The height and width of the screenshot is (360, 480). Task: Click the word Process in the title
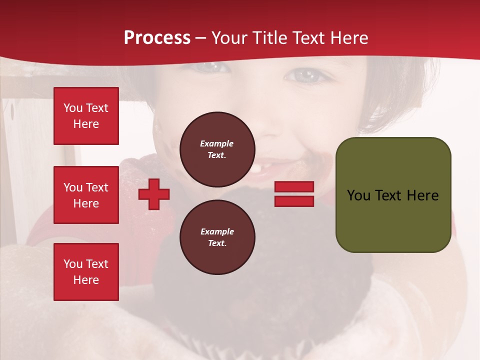click(157, 38)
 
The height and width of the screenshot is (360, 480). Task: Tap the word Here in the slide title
click(348, 38)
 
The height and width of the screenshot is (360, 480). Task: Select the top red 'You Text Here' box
click(86, 116)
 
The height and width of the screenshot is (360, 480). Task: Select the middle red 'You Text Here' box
click(86, 195)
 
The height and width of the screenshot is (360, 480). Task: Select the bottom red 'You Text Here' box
click(86, 272)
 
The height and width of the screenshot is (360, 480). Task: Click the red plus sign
click(154, 194)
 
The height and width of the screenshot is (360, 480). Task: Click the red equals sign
click(294, 194)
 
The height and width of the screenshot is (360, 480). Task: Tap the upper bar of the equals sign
click(294, 187)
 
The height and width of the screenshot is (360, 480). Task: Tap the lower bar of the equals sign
click(294, 201)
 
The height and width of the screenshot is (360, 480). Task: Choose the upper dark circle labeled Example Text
click(217, 149)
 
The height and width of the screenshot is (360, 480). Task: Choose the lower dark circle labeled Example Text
click(217, 237)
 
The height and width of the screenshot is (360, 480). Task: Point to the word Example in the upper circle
click(217, 143)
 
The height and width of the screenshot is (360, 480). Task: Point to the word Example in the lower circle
click(217, 231)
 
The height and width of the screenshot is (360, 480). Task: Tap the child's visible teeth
click(255, 169)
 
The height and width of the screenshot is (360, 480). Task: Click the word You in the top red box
click(73, 108)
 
